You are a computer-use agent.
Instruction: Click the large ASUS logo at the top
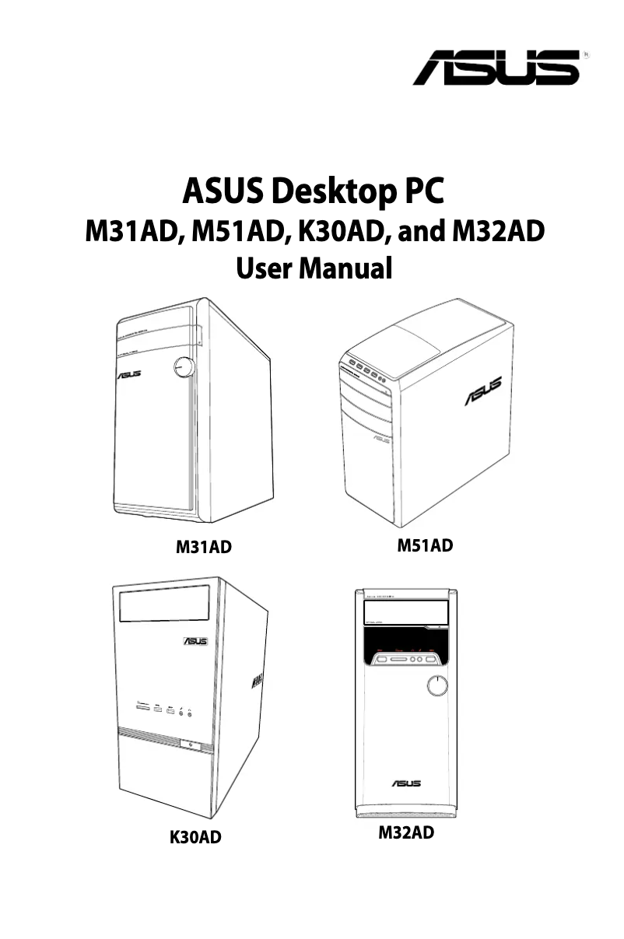[496, 68]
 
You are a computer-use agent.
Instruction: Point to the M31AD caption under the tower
[203, 548]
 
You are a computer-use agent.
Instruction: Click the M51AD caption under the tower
[425, 545]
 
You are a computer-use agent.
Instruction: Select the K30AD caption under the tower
[195, 837]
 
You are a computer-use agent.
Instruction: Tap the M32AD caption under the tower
[405, 834]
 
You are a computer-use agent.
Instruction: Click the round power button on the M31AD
[184, 366]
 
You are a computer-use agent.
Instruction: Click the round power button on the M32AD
[438, 685]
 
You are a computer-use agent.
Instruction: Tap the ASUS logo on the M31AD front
[129, 376]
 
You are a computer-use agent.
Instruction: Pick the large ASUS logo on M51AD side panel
[483, 391]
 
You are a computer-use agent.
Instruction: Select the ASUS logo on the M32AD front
[406, 782]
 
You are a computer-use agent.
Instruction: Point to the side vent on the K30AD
[256, 683]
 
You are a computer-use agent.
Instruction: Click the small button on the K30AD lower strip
[190, 744]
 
